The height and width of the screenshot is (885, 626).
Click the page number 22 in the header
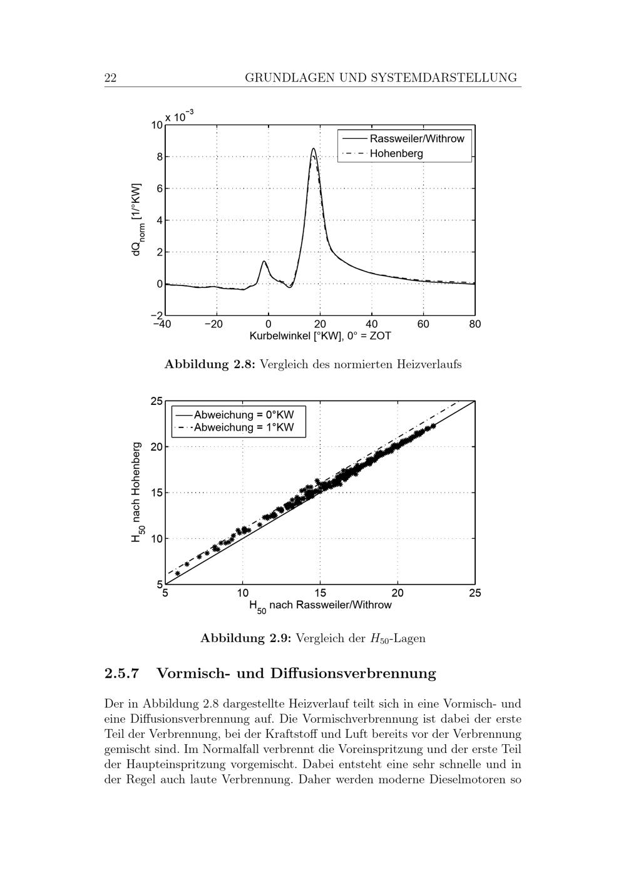tap(110, 78)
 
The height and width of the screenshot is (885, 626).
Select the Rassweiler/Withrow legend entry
tap(417, 139)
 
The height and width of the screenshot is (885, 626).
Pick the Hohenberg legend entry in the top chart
tap(396, 153)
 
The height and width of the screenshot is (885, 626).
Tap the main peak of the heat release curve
tap(314, 149)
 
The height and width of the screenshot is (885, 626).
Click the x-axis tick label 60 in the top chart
tap(423, 324)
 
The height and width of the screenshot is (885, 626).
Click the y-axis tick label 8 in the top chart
tap(160, 157)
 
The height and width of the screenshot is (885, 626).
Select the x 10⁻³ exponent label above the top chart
tap(180, 116)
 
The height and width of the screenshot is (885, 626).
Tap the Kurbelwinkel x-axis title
tap(320, 336)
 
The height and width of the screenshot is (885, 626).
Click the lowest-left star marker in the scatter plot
tap(178, 573)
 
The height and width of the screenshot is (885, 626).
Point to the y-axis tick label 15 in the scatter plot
tap(156, 493)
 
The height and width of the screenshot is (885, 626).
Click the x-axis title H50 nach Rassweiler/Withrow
tap(320, 606)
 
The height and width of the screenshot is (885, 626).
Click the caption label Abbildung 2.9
tap(246, 638)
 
